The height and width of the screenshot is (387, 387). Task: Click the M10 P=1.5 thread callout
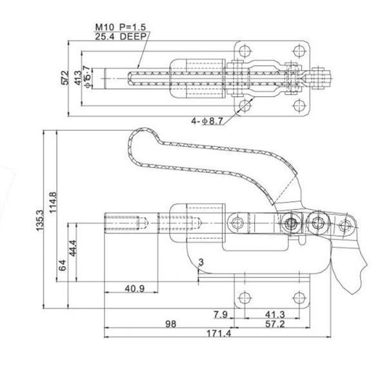point(121,27)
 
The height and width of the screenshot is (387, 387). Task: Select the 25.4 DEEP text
point(121,37)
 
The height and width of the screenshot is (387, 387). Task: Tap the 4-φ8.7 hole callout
point(207,121)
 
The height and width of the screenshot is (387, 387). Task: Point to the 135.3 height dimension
point(39,221)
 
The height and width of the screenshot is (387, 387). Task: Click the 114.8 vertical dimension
point(53,203)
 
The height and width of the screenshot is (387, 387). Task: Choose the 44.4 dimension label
point(73,248)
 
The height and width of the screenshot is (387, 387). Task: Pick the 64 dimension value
point(63,265)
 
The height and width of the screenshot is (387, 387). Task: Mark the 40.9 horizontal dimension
point(135,288)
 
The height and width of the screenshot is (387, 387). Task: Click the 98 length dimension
point(171,324)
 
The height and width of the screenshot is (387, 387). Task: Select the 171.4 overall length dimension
point(219,333)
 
